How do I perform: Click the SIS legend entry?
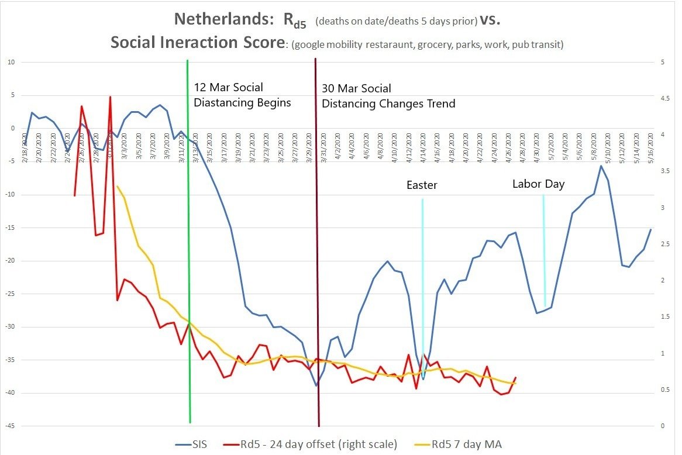point(201,444)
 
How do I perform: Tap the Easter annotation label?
point(422,185)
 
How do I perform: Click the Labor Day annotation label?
point(538,184)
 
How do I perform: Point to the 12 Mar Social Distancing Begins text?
point(242,95)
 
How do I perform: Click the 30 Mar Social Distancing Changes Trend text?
point(388,96)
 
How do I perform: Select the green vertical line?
point(189,263)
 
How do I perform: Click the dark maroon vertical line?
point(317,263)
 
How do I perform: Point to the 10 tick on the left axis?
point(12,62)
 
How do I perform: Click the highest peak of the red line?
point(110,97)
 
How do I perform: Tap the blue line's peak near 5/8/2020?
point(601,166)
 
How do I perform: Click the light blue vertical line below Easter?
point(422,281)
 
